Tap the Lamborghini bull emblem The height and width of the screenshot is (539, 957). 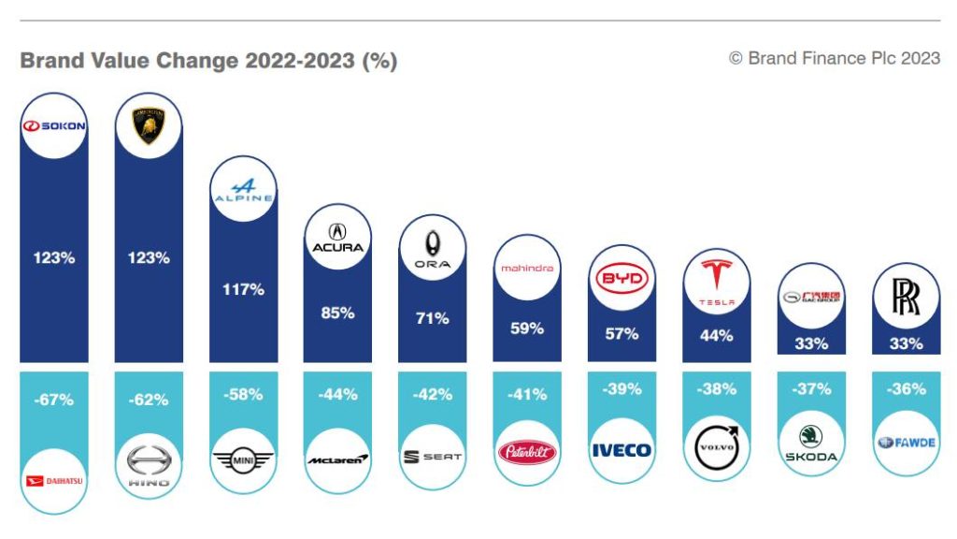click(149, 125)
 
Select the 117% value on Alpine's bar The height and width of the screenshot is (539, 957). click(243, 290)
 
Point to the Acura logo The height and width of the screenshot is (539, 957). click(338, 238)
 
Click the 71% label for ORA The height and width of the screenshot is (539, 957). click(432, 318)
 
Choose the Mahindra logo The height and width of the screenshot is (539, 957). click(527, 268)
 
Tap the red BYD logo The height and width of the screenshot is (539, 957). click(621, 279)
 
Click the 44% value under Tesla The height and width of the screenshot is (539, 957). click(716, 335)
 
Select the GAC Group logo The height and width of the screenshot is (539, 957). click(811, 298)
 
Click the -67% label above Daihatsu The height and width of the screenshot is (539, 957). click(54, 400)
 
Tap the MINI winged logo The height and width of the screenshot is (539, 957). click(243, 459)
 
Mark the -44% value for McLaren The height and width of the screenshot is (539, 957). click(337, 394)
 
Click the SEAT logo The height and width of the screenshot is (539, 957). click(432, 457)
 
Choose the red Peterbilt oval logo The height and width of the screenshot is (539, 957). click(527, 453)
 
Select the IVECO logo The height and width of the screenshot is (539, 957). click(621, 450)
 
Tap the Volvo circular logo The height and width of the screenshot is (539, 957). click(716, 447)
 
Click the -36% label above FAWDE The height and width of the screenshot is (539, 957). click(906, 388)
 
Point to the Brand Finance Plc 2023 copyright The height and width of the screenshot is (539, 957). click(835, 58)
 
